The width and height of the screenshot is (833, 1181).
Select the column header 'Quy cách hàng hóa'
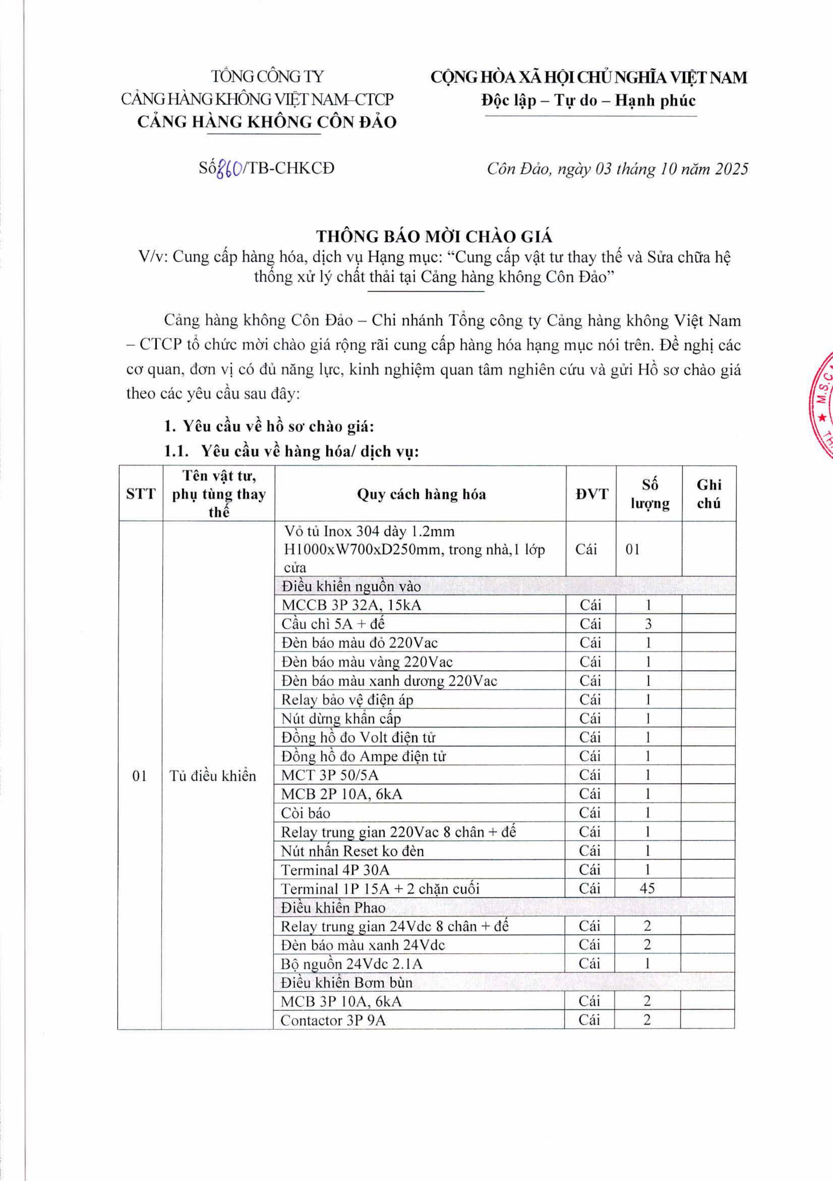tap(421, 494)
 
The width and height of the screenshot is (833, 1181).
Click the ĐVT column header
tap(591, 494)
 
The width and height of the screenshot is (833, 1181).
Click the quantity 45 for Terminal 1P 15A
tap(647, 888)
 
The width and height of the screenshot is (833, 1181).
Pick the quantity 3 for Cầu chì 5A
tap(648, 624)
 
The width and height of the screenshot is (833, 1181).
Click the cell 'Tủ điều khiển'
tap(213, 776)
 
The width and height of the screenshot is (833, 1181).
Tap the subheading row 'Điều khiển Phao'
tap(333, 907)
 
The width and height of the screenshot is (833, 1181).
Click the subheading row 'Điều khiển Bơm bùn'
tap(347, 983)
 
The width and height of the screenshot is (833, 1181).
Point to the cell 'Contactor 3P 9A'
tap(333, 1021)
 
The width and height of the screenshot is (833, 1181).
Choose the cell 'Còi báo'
tap(306, 813)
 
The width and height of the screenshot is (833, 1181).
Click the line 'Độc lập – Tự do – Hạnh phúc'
tap(588, 100)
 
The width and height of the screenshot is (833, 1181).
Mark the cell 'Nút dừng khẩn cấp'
tap(341, 718)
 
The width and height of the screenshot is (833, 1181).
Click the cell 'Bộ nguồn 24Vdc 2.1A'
tap(351, 964)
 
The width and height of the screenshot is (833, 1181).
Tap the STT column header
tap(141, 494)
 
